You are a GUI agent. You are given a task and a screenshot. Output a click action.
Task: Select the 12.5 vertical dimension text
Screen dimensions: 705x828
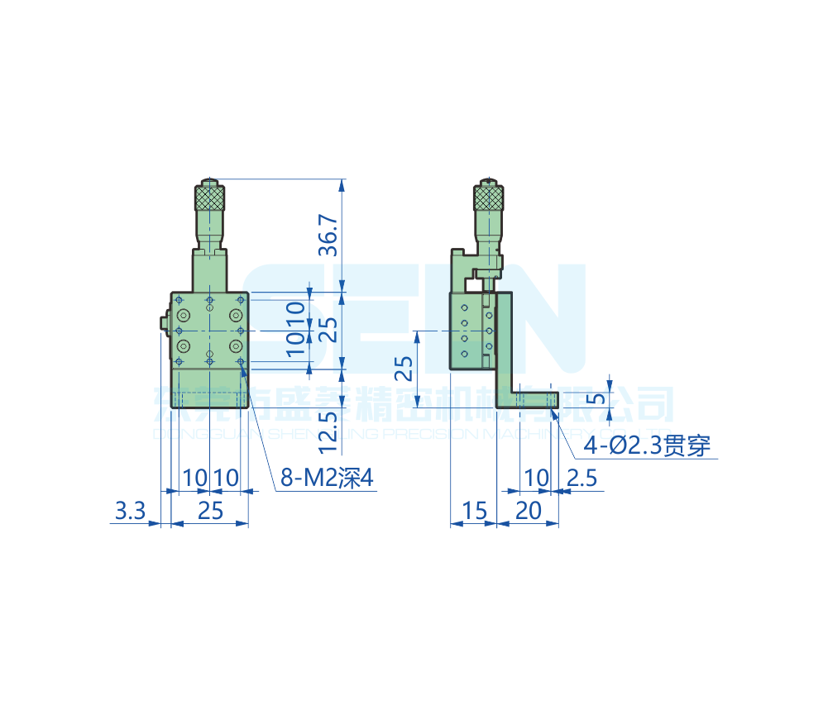(x=328, y=430)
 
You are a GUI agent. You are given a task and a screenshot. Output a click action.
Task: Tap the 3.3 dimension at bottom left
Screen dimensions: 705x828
(x=130, y=511)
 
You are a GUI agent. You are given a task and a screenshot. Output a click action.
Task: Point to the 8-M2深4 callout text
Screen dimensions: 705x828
(x=328, y=478)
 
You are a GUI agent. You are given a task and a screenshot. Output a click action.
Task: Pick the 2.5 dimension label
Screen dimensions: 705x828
(x=583, y=478)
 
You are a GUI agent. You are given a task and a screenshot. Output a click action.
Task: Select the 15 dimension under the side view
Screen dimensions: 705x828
(x=475, y=511)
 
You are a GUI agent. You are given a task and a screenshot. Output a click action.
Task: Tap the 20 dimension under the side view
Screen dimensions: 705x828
(x=528, y=511)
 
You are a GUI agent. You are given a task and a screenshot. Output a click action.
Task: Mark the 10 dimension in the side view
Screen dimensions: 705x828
(x=537, y=478)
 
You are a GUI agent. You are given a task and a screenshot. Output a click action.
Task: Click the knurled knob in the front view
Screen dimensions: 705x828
(x=210, y=198)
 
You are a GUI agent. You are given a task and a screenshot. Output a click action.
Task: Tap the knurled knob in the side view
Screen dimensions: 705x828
(x=489, y=198)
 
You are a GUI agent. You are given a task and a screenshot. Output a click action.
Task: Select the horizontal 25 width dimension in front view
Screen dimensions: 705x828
(x=210, y=511)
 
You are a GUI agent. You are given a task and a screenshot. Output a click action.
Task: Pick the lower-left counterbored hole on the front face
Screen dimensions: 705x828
(x=184, y=345)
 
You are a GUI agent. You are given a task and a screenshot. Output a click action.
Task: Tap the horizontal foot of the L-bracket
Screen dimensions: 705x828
(x=534, y=399)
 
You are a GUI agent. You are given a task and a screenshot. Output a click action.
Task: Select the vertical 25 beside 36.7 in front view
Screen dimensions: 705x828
(x=328, y=331)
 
